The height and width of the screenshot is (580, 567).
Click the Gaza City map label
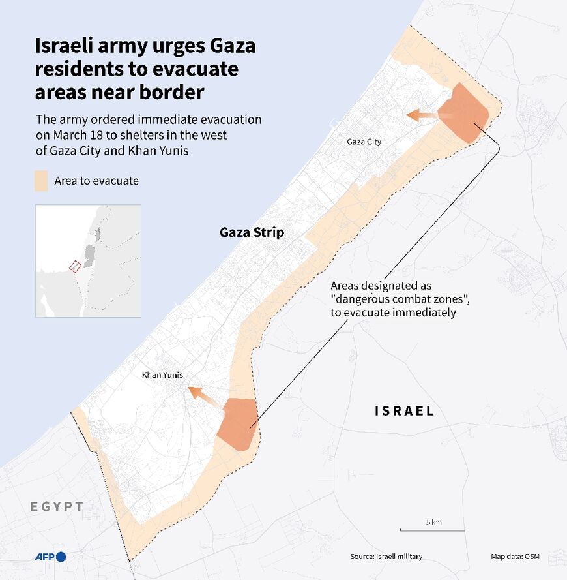tap(364, 142)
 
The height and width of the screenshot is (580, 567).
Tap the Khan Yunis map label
tap(162, 375)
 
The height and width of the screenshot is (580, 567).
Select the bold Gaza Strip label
tap(252, 233)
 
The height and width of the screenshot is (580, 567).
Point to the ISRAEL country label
tap(404, 411)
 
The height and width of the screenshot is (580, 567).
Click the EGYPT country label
tap(57, 506)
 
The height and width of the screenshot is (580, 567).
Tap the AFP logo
tap(50, 557)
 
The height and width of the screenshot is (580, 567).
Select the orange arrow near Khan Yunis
tap(205, 397)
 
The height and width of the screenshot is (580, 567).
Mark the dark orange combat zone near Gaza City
tap(465, 112)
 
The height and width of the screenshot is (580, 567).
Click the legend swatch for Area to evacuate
tap(41, 181)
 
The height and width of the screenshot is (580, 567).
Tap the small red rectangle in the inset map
tap(75, 266)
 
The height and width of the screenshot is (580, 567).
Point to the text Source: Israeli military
tap(386, 557)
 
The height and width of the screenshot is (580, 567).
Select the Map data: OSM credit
tap(515, 557)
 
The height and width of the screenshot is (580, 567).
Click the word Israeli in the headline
tap(67, 48)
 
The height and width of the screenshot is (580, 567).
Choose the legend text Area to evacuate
tap(96, 181)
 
